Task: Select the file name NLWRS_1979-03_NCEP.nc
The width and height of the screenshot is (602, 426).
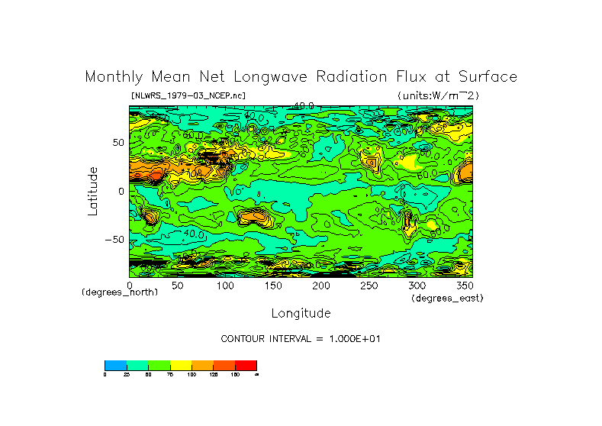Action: [x=188, y=95]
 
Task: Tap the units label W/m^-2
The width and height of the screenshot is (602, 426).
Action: [x=438, y=95]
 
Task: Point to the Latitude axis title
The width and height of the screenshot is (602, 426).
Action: [x=92, y=190]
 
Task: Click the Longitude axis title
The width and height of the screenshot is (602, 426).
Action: [x=301, y=313]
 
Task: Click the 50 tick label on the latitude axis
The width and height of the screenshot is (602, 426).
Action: [x=118, y=143]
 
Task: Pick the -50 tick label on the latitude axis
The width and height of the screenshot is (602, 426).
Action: [x=115, y=239]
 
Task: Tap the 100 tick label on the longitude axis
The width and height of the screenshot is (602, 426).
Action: [x=225, y=286]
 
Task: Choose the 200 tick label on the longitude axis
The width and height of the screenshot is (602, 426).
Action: [x=320, y=286]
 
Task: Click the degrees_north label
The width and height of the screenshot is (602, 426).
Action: [x=120, y=292]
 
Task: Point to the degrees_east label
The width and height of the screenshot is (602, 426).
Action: [x=446, y=298]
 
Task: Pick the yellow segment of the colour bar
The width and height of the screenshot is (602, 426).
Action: [x=179, y=365]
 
